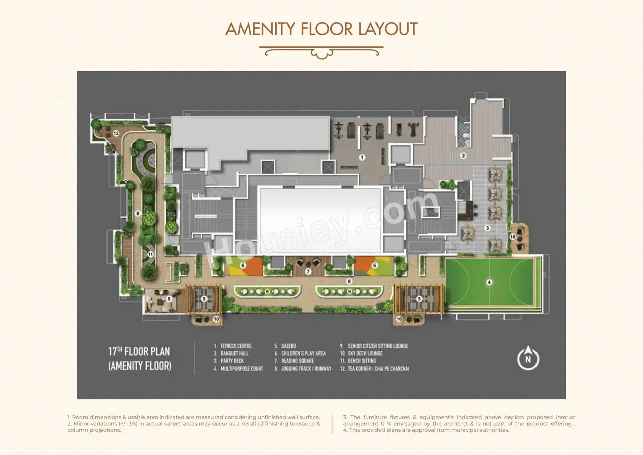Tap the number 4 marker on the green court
point(489,282)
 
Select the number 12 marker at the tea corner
point(116,133)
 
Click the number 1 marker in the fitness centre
point(362,157)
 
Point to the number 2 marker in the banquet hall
point(463,156)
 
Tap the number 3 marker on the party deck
point(487,228)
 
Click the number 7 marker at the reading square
point(308,271)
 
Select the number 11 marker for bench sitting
point(150,254)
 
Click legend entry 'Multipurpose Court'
point(238,369)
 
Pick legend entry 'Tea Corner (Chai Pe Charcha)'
point(375,369)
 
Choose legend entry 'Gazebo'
point(285,346)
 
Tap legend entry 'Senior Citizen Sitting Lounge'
point(374,346)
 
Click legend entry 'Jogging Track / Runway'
point(303,369)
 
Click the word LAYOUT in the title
point(388,29)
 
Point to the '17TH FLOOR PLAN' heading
point(139,351)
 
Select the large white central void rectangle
point(320,220)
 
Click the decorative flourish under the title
point(321,52)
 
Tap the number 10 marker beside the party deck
point(513,237)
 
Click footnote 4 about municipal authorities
point(426,430)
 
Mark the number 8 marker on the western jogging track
point(138,214)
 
